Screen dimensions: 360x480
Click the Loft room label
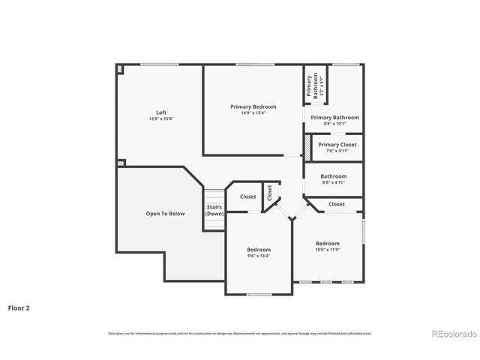pyautogui.click(x=161, y=112)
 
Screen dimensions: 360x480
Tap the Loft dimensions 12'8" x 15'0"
pyautogui.click(x=161, y=118)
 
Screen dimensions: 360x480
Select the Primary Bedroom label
pyautogui.click(x=253, y=106)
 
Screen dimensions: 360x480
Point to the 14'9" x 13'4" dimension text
pyautogui.click(x=253, y=112)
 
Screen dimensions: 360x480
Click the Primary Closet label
pyautogui.click(x=337, y=145)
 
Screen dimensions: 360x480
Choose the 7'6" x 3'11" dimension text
pyautogui.click(x=337, y=151)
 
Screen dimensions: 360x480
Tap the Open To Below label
pyautogui.click(x=165, y=214)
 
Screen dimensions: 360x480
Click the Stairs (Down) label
pyautogui.click(x=214, y=210)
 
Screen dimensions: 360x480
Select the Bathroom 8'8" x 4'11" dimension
pyautogui.click(x=333, y=182)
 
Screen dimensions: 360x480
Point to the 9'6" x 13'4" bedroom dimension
pyautogui.click(x=259, y=256)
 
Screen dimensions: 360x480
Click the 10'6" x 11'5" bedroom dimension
pyautogui.click(x=327, y=250)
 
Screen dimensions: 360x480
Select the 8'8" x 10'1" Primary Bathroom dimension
pyautogui.click(x=334, y=124)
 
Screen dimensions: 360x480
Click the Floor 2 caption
pyautogui.click(x=19, y=307)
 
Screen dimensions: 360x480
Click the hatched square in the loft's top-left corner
pyautogui.click(x=120, y=68)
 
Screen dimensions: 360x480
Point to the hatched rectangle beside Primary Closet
pyautogui.click(x=307, y=146)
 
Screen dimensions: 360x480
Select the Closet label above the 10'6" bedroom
pyautogui.click(x=336, y=204)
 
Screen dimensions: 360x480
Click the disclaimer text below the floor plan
pyautogui.click(x=240, y=333)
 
